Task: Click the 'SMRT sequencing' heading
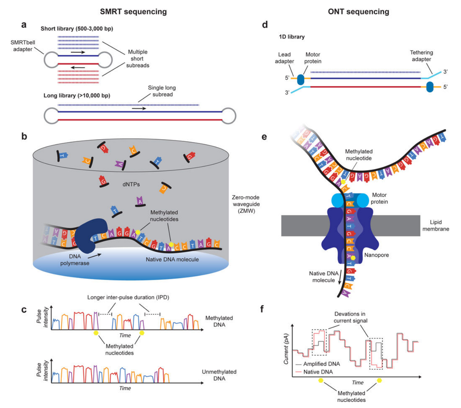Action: [x=133, y=11]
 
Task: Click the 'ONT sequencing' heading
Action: [x=358, y=11]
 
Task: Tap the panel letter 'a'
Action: [x=24, y=25]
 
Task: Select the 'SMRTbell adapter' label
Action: [x=23, y=46]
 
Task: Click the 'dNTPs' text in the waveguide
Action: [x=131, y=184]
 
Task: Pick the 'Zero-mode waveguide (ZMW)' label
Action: [x=245, y=204]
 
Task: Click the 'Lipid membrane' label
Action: [x=435, y=225]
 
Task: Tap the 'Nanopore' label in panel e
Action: [x=376, y=255]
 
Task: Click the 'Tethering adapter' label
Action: [x=421, y=56]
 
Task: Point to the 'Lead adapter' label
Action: [x=284, y=58]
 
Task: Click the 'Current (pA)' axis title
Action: [x=286, y=349]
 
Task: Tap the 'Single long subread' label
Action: [x=162, y=91]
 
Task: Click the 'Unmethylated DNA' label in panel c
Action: [x=219, y=375]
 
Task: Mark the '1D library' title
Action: [x=292, y=36]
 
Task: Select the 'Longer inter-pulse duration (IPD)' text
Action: [x=128, y=297]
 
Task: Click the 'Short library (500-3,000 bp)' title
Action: [x=77, y=29]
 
